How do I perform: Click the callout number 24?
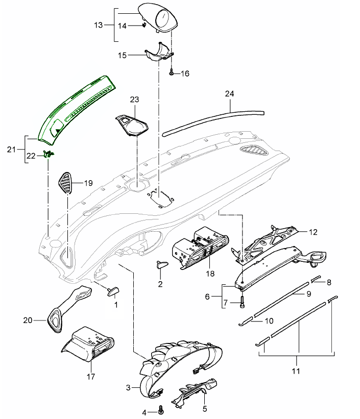point(229,94)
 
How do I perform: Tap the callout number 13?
point(99,24)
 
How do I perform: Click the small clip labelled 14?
point(145,23)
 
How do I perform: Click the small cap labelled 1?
point(112,291)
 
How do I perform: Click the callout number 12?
point(313,232)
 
